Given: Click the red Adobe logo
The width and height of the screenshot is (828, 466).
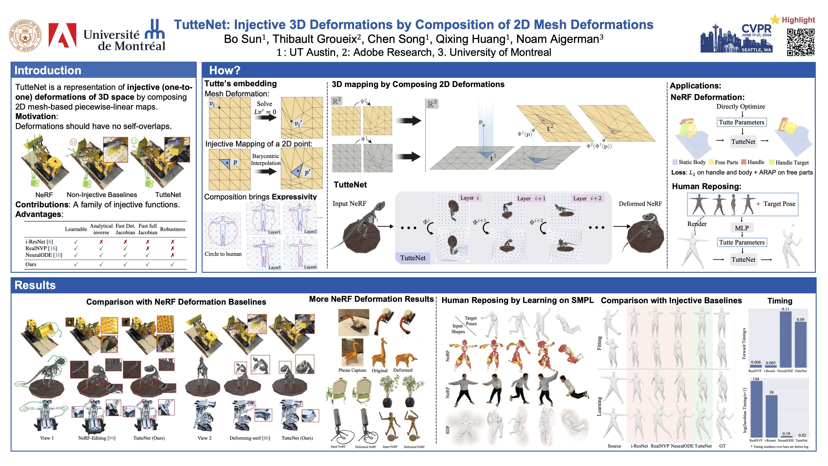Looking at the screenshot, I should (62, 36).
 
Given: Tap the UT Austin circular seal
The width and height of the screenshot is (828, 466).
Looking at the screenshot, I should (25, 35).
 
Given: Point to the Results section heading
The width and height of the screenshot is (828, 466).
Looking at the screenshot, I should (35, 285).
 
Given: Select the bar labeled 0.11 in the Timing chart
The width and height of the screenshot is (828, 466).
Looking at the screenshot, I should (785, 339).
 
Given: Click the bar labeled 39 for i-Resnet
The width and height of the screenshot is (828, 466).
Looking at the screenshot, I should (771, 416).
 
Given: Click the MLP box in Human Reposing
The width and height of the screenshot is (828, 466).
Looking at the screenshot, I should (742, 228).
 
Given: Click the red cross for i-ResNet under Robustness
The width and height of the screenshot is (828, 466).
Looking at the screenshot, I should (172, 242).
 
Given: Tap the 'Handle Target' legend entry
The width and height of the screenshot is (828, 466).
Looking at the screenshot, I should (792, 163).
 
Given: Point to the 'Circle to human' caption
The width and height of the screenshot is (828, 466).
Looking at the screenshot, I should (223, 254).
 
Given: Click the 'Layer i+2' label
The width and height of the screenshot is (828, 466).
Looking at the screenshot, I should (587, 198).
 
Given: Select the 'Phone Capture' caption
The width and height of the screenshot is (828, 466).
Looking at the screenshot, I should (352, 370).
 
